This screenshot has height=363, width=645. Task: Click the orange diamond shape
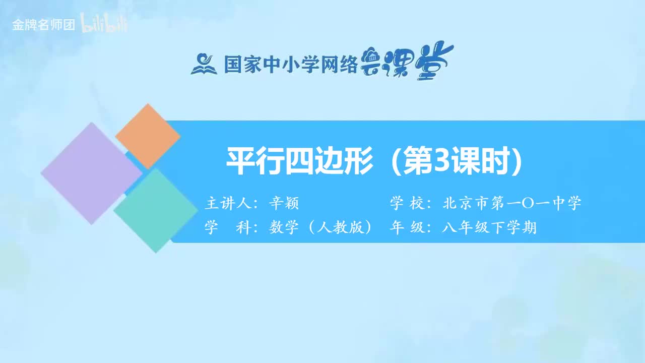148,136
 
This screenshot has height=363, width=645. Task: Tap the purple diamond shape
91,173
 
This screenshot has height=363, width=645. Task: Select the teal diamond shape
156,210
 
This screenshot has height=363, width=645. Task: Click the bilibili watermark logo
105,25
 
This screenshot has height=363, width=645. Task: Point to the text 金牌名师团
44,25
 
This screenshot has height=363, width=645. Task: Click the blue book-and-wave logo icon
204,64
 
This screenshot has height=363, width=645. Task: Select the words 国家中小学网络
290,65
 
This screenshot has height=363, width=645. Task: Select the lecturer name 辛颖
284,203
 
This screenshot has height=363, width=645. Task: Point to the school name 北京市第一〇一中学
512,203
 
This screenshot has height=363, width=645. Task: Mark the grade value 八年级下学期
489,228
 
